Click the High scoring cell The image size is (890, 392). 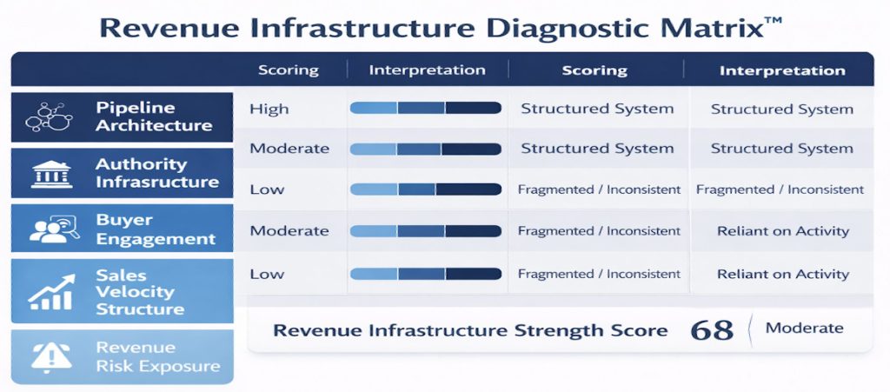269,109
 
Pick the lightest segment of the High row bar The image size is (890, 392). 374,108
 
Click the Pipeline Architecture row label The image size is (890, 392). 153,116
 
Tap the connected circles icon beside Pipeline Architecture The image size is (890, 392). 50,116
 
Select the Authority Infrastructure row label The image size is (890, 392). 157,173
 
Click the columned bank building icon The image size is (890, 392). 51,174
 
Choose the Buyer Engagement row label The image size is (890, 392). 156,229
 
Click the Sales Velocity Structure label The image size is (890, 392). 140,292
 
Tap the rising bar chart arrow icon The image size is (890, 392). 51,293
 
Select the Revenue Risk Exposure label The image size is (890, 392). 158,357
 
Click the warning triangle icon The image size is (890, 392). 51,357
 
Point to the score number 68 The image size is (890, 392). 713,330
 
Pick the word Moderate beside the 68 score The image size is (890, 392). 804,328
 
